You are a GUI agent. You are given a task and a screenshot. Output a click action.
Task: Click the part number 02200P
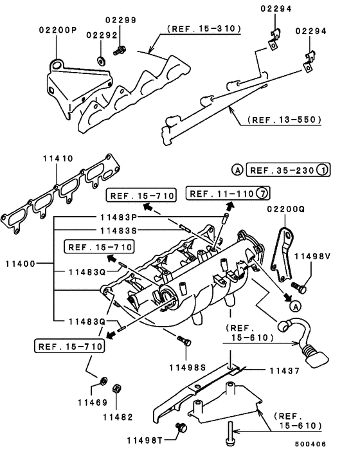coord(57,30)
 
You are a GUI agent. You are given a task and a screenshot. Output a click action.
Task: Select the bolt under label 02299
coord(120,49)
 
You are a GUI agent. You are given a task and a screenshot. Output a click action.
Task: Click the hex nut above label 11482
coord(116,388)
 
